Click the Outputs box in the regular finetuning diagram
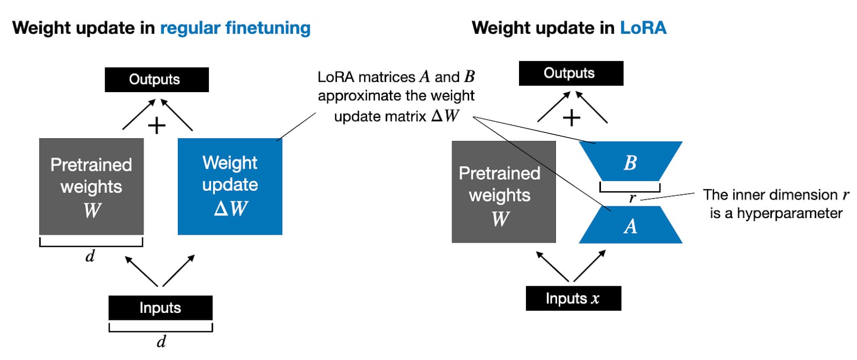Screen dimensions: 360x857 [156, 80]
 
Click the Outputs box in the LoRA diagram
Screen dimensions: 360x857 [571, 73]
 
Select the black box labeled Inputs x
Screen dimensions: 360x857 [573, 298]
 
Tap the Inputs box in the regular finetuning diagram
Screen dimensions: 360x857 [160, 308]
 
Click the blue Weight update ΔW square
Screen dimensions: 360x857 [230, 186]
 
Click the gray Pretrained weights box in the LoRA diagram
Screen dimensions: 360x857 [503, 192]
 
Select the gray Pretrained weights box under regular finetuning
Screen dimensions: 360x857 [91, 186]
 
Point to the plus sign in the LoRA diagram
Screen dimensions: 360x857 [572, 117]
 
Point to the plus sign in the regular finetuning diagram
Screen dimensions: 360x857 [156, 126]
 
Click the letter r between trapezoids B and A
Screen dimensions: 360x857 [632, 198]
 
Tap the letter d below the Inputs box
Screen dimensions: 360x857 [161, 341]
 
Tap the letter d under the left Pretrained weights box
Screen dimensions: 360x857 [90, 256]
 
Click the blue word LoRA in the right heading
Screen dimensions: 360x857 [643, 28]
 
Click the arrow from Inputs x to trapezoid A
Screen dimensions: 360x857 [589, 265]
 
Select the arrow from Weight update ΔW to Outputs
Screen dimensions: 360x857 [177, 114]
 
